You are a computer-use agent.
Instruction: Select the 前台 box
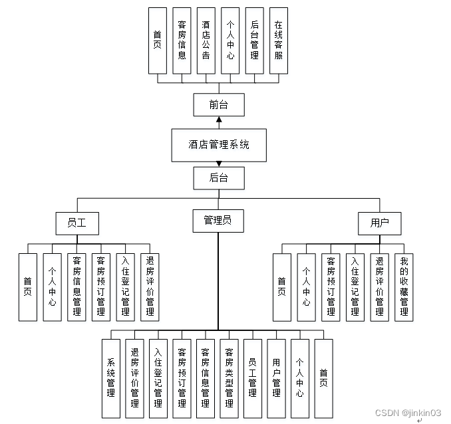click(x=218, y=105)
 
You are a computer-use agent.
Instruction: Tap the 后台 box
click(x=218, y=178)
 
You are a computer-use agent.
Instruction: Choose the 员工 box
click(x=76, y=223)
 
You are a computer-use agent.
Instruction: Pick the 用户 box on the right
click(x=379, y=223)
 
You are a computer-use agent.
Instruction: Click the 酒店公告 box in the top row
click(x=206, y=41)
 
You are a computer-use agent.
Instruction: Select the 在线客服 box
click(x=279, y=41)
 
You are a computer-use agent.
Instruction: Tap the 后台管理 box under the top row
click(x=254, y=41)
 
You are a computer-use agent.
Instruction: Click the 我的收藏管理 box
click(x=403, y=287)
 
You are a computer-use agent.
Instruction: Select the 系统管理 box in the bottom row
click(x=110, y=378)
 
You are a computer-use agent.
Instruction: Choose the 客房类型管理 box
click(x=229, y=378)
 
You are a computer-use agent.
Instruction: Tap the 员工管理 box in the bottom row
click(x=253, y=378)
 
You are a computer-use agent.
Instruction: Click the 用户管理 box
click(x=276, y=378)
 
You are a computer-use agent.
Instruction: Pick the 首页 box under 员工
click(x=28, y=287)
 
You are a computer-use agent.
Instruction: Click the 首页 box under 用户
click(x=282, y=287)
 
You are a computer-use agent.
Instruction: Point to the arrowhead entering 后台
click(x=218, y=164)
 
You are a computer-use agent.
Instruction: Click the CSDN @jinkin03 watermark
click(x=408, y=413)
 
